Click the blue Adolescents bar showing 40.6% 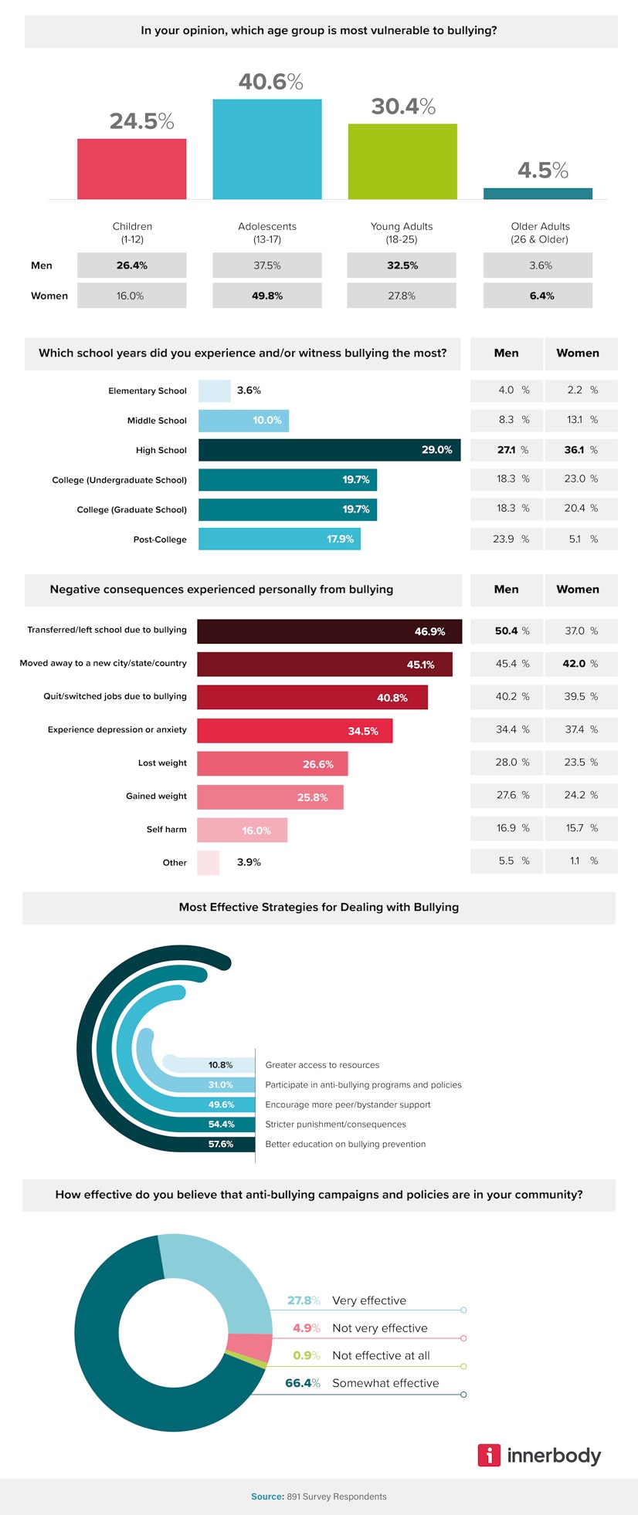tap(267, 149)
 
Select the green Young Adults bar tap(402, 161)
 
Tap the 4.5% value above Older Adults tap(542, 170)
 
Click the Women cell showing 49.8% tap(267, 296)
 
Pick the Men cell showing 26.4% tap(132, 265)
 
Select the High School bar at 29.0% tap(329, 450)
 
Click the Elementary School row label tap(148, 391)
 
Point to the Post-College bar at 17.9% tap(279, 539)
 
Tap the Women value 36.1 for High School tap(574, 450)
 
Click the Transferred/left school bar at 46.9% tap(329, 631)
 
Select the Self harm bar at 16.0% tap(242, 830)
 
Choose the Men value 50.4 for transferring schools tap(507, 631)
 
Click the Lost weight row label tap(162, 763)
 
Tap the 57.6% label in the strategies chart tap(221, 1144)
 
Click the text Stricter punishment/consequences tap(335, 1124)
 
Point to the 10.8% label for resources tap(220, 1065)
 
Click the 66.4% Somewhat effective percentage tap(302, 1383)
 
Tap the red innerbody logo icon tap(489, 1455)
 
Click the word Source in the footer tap(267, 1496)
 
